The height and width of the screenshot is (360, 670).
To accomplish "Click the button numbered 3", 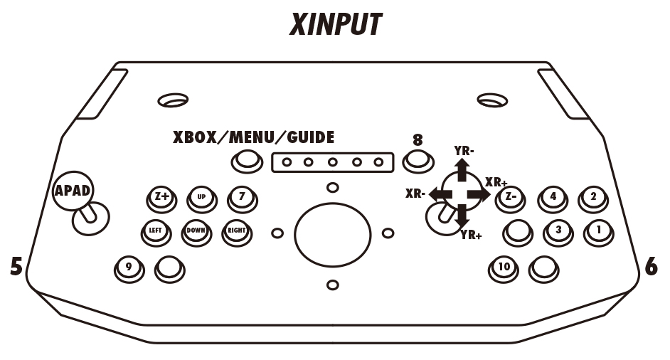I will [x=558, y=229].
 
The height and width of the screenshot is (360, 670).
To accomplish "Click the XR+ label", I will [x=496, y=181].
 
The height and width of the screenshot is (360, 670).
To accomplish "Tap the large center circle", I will [x=332, y=236].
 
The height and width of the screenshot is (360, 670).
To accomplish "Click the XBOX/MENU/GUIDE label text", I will [x=253, y=137].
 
